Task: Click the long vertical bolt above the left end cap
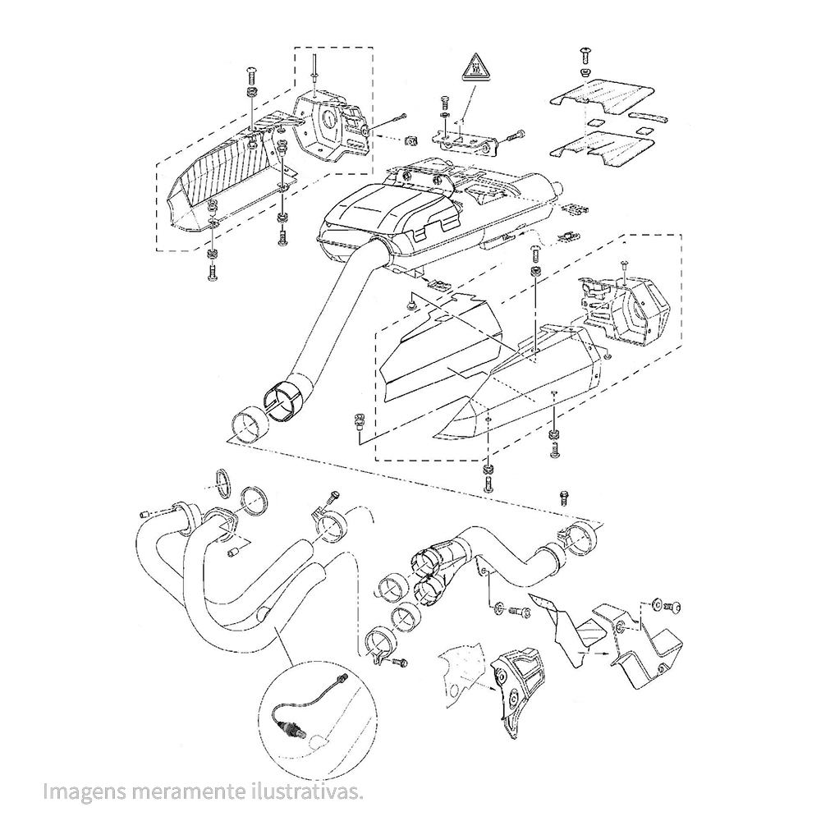pos(314,69)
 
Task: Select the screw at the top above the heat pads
pos(585,54)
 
